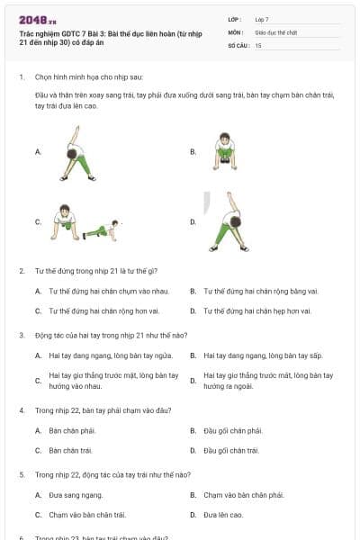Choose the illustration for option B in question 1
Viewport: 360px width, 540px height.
point(225,151)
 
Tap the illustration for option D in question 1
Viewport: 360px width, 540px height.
point(228,220)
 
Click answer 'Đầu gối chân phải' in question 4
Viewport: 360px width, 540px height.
point(233,431)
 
